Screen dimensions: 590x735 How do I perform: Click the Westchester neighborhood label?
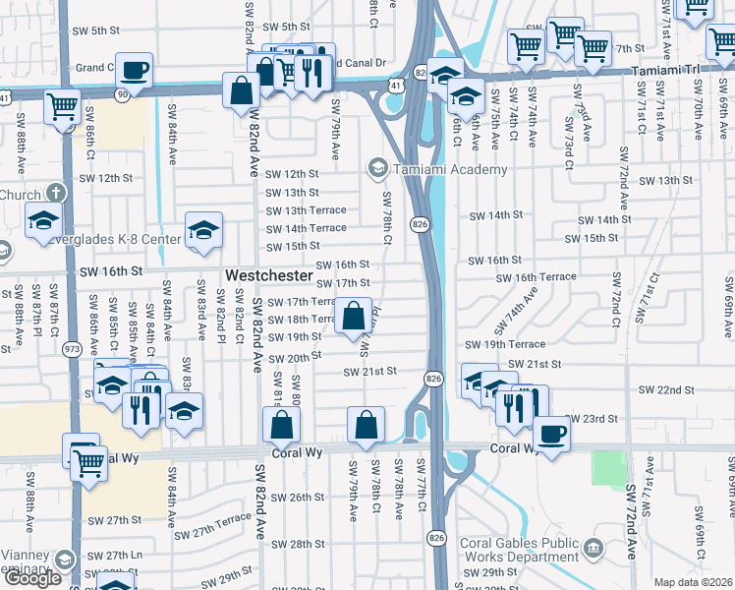(268, 276)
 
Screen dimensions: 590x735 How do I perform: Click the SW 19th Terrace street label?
(505, 344)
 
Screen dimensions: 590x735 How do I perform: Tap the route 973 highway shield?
(72, 349)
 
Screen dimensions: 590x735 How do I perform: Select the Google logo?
(32, 578)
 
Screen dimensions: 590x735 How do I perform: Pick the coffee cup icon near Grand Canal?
(135, 70)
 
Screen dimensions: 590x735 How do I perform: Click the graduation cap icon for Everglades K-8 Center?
(204, 230)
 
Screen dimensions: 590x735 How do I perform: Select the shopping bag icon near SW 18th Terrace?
(354, 317)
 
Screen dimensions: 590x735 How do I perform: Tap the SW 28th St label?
(298, 544)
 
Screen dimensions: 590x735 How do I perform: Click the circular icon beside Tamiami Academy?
(376, 169)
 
